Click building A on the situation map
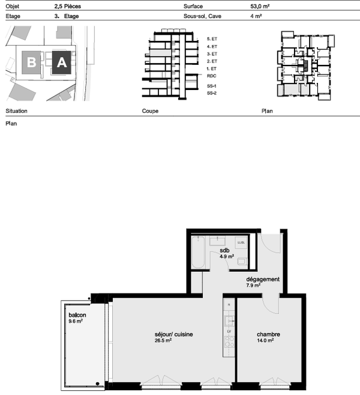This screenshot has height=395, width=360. pos(61,62)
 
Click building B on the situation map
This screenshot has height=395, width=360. pos(31,62)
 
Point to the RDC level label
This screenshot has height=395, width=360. pos(211,77)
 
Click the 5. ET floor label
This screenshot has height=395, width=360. pos(211,38)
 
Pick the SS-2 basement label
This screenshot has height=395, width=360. pos(211,94)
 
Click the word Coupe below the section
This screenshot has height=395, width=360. pos(150,112)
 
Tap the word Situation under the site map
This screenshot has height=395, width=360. pos(16,112)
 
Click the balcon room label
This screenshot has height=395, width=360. pos(76,315)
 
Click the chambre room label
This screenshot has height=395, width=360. pos(268,334)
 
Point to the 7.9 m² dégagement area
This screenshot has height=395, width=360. pos(253,286)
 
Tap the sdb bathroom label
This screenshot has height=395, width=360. pos(225,250)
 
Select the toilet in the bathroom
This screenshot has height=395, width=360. pos(241,262)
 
